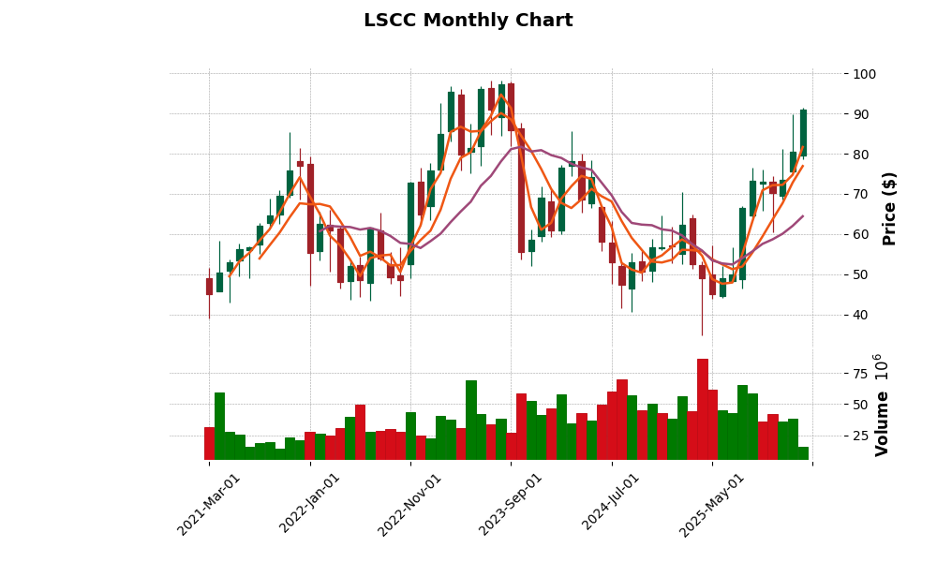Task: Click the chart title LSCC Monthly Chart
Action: coord(468,21)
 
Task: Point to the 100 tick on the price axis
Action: coord(864,74)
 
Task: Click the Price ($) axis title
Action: coord(890,208)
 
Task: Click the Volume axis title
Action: coord(882,405)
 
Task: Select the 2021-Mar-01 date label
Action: coord(210,504)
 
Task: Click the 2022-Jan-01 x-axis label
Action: coord(311,504)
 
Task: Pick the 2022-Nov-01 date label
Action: coord(410,504)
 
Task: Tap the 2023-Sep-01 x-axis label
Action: coord(512,504)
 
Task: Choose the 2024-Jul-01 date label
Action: coord(612,504)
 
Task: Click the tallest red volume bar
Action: coord(703,409)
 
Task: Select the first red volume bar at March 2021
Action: coord(209,443)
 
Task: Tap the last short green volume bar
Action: coord(803,453)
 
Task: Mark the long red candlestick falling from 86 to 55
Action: coord(521,190)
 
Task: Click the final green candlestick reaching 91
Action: coord(803,132)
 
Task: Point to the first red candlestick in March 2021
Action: coord(209,287)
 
